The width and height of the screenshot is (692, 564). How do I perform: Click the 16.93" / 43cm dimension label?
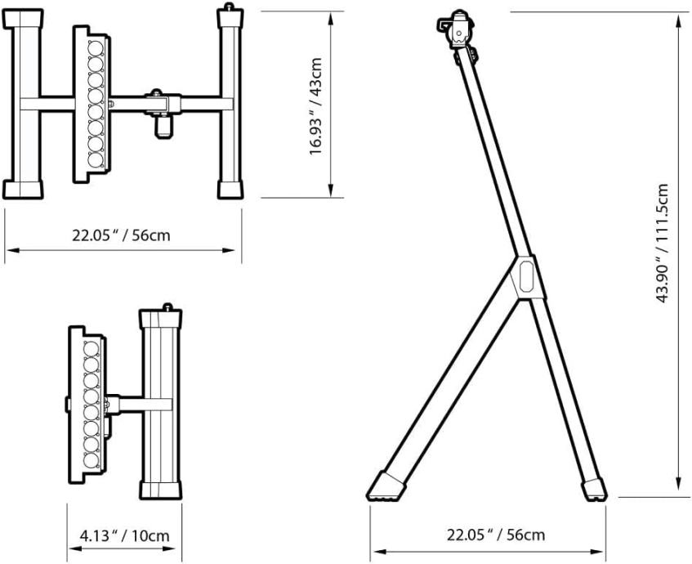316,106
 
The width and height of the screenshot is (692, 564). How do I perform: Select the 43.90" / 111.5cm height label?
662,243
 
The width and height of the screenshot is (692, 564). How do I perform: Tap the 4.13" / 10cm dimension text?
124,535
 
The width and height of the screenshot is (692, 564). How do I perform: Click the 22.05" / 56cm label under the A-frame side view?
496,535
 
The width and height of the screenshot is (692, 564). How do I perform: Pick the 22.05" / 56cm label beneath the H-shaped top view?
122,235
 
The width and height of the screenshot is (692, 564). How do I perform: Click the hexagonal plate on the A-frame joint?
526,276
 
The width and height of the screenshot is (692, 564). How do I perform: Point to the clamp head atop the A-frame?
458,29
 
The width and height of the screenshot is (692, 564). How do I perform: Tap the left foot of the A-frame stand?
386,486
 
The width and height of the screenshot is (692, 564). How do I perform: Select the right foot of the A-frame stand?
594,490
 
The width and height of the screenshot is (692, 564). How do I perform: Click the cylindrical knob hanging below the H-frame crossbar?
163,125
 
